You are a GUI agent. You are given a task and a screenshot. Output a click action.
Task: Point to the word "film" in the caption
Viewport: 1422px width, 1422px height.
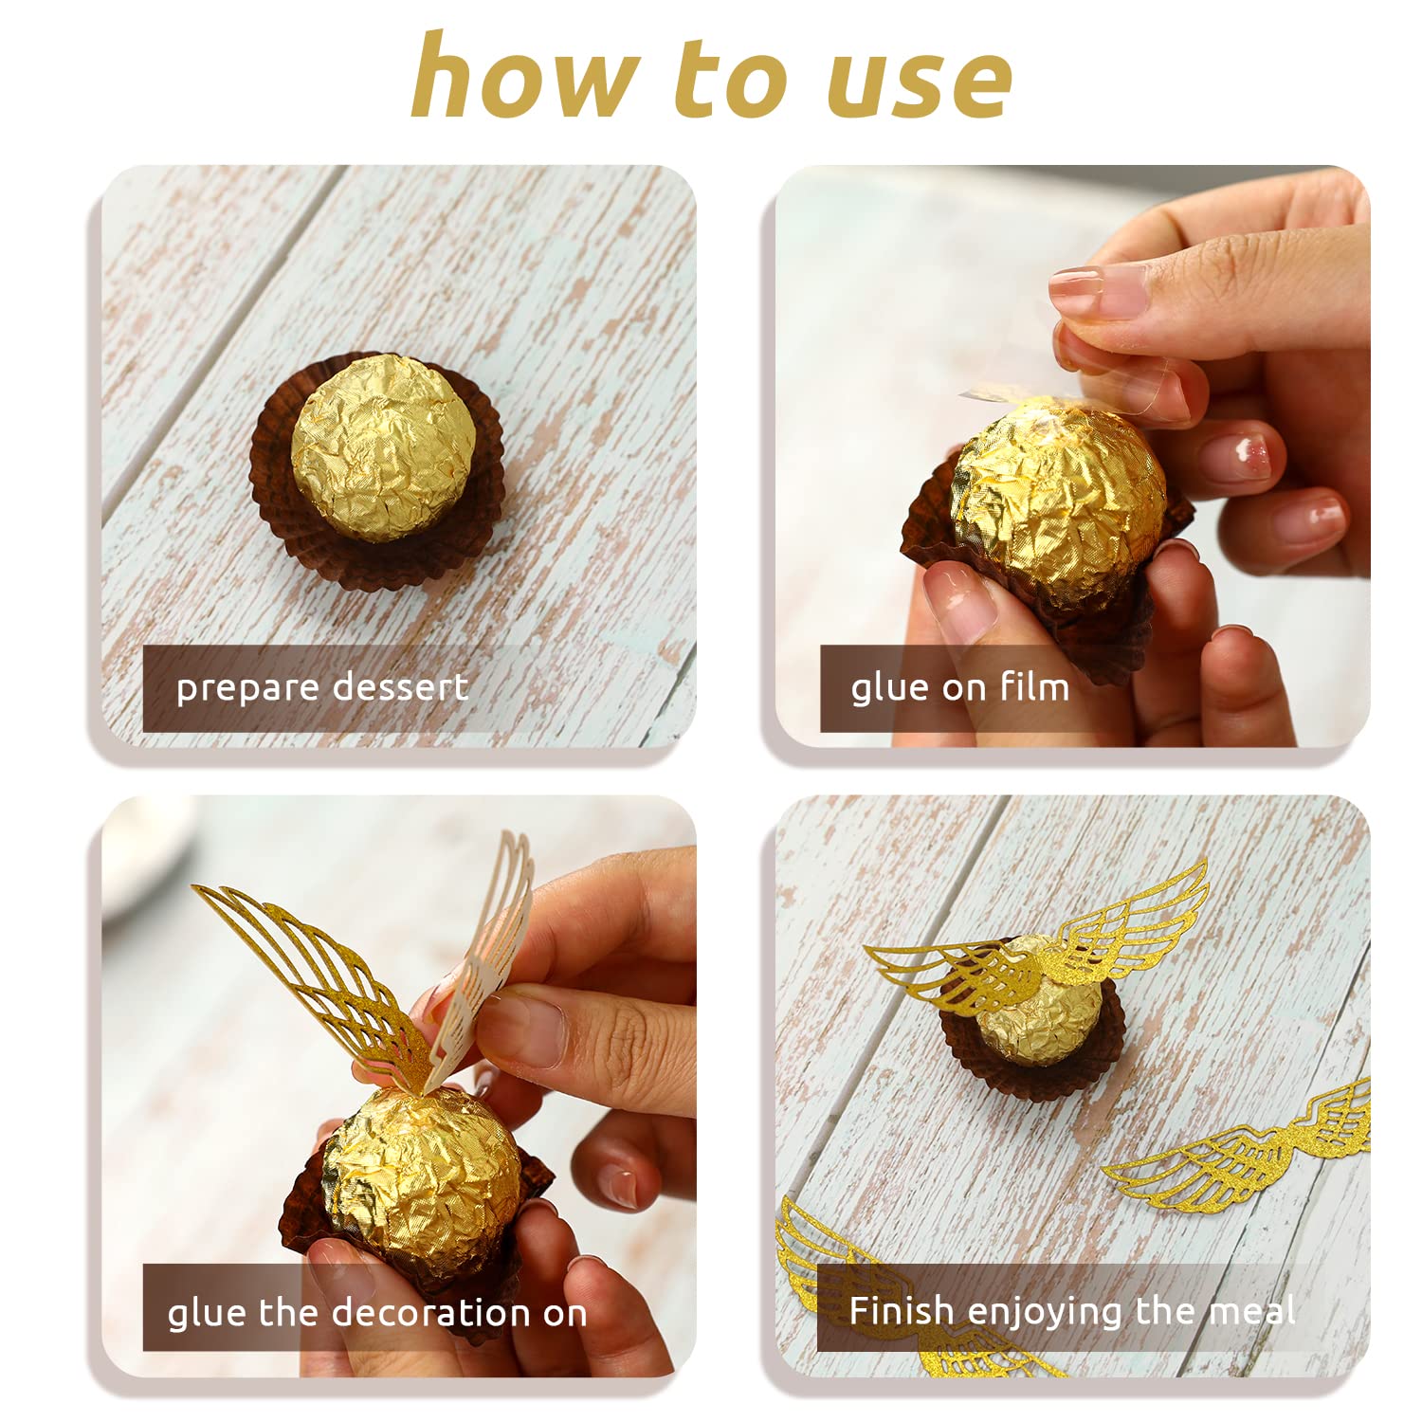pos(1034,685)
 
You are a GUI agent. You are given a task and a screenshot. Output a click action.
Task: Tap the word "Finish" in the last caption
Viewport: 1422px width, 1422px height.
pos(902,1310)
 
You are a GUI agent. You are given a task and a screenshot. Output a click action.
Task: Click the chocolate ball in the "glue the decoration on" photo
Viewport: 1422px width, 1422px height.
pos(424,1176)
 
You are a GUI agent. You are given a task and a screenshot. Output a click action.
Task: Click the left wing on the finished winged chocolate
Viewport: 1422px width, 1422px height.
pos(953,976)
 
